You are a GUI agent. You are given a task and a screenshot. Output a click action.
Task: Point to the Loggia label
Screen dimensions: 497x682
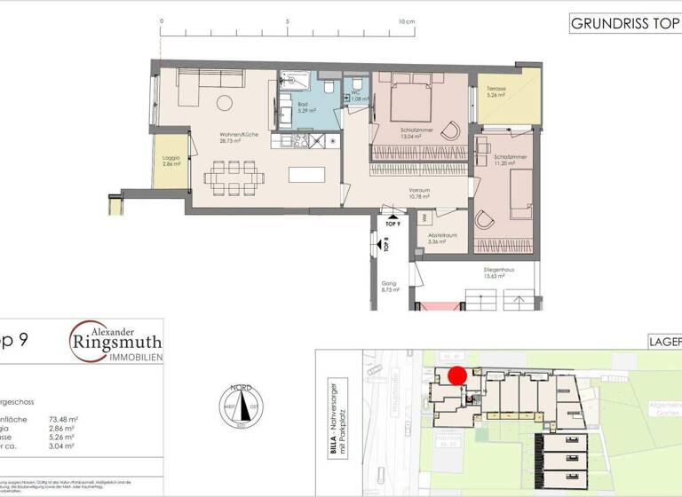[171, 161]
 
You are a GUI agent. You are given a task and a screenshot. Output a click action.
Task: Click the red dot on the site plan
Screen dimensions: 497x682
[457, 376]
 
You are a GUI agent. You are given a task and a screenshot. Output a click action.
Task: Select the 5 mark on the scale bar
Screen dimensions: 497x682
[287, 20]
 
